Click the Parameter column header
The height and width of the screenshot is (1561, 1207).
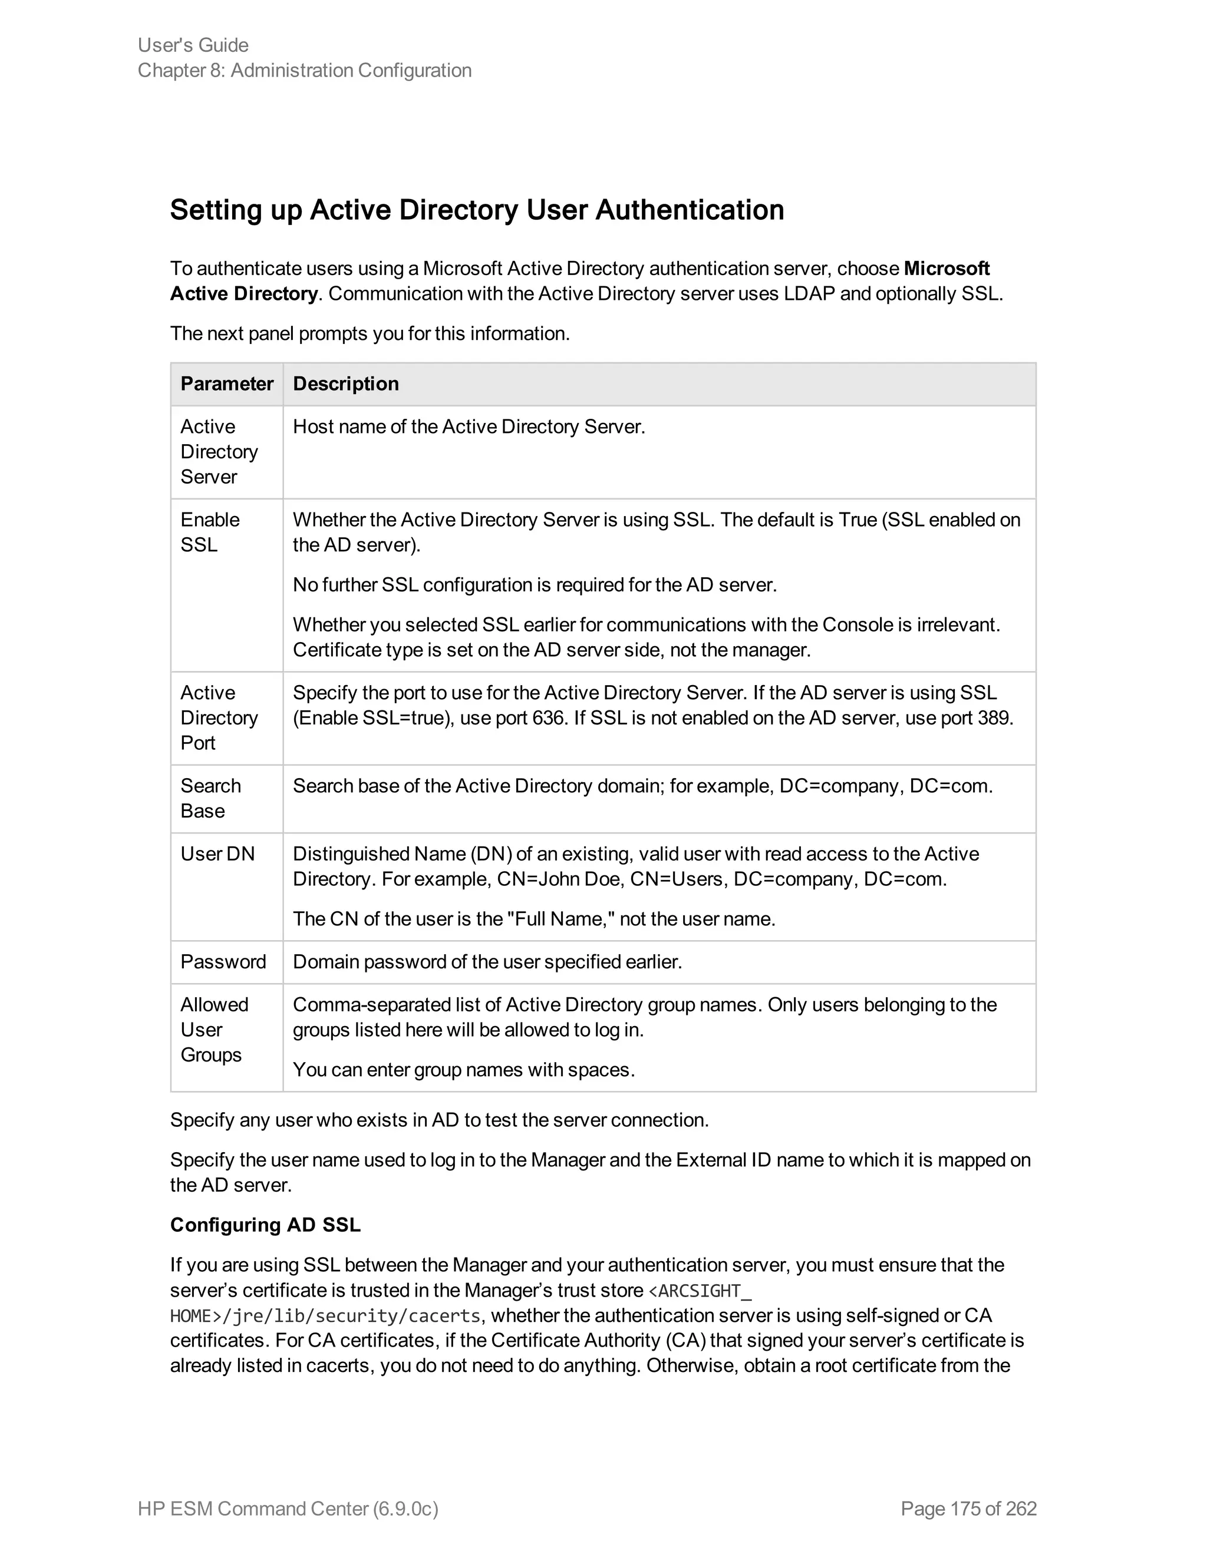click(227, 384)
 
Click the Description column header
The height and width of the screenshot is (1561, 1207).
click(345, 384)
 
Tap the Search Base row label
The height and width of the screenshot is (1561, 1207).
click(210, 798)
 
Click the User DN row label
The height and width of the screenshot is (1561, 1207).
click(217, 854)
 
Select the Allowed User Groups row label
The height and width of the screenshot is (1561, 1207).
click(214, 1029)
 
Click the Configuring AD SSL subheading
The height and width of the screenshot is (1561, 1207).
click(265, 1225)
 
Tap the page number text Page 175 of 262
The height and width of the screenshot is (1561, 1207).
click(968, 1508)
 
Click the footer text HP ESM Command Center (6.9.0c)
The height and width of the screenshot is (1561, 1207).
click(288, 1508)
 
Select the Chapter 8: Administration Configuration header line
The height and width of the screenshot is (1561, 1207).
click(305, 70)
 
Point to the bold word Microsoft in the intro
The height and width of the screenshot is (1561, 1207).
click(946, 269)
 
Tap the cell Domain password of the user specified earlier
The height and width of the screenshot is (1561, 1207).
click(487, 961)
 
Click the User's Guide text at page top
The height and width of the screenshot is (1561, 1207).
click(193, 45)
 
